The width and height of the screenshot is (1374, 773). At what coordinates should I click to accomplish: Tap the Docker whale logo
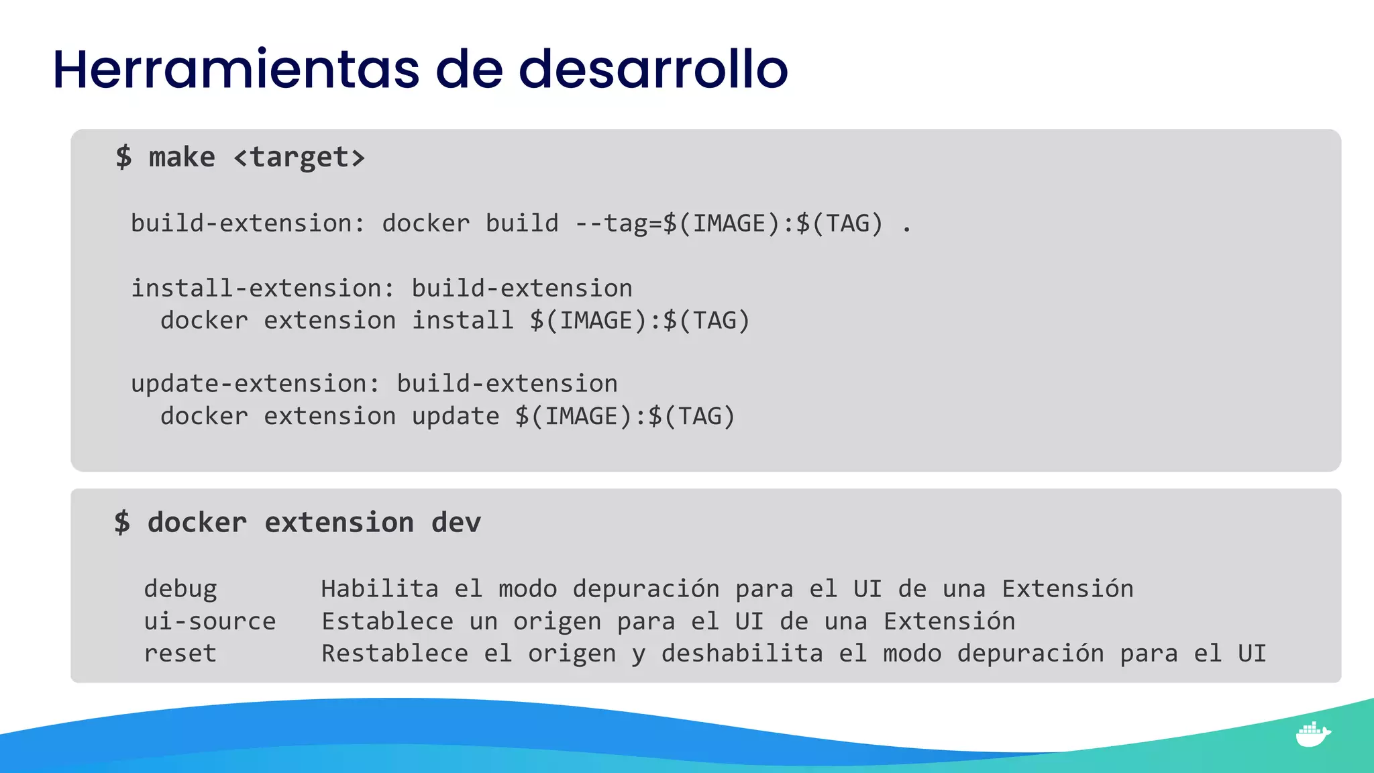[x=1312, y=734]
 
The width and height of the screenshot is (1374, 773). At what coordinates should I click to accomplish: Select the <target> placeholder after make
[x=299, y=158]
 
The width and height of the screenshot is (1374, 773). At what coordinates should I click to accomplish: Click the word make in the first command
[x=182, y=158]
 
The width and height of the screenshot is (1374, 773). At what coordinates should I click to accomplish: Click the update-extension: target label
[x=256, y=384]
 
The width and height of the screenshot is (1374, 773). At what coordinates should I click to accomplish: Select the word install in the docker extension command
[x=462, y=321]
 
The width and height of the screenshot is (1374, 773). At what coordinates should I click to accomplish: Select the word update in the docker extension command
[x=456, y=417]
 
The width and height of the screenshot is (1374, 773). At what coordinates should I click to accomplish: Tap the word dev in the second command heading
[x=456, y=523]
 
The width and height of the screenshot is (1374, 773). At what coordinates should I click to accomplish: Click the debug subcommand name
[x=180, y=589]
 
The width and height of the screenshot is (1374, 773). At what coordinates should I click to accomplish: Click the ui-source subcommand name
[x=210, y=621]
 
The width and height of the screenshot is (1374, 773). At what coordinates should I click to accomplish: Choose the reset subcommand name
[x=180, y=654]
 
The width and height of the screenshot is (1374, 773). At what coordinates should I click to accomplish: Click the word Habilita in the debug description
[x=380, y=589]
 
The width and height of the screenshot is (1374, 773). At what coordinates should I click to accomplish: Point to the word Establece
[x=387, y=621]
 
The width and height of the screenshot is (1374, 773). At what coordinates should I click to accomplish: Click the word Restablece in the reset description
[x=394, y=654]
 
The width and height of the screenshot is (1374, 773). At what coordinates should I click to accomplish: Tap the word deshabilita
[x=742, y=654]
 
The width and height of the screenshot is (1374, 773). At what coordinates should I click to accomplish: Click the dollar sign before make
[x=123, y=158]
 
